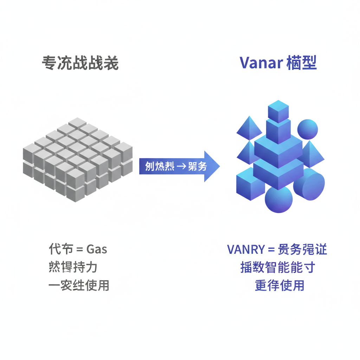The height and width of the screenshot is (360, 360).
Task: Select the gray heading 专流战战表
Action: [80, 64]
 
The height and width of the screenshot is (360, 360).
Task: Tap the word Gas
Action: [97, 250]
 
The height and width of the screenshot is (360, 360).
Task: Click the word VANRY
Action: [245, 250]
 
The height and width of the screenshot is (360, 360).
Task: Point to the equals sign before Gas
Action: [79, 250]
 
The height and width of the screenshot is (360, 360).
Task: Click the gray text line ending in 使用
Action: [79, 285]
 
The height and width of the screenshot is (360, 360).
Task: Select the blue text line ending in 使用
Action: [279, 285]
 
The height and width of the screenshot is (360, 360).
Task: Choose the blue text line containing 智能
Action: [277, 268]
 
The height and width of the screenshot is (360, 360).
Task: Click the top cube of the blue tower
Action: [278, 111]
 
